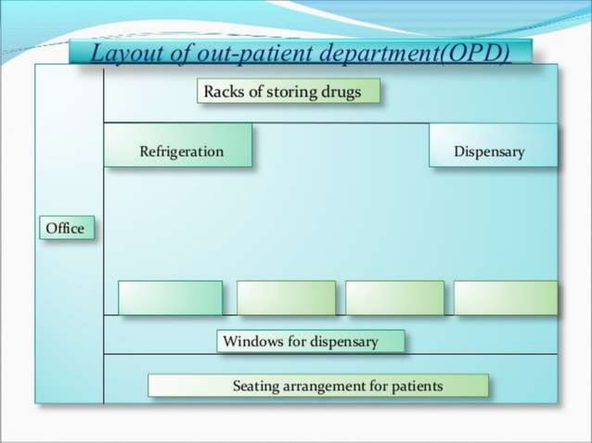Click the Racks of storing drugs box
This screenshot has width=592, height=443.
tap(289, 92)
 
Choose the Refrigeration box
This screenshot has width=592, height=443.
tap(178, 146)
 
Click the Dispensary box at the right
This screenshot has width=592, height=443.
tap(493, 146)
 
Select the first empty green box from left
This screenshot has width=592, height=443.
tap(170, 297)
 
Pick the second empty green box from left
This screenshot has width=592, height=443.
tap(286, 297)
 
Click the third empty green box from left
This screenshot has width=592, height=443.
tap(394, 297)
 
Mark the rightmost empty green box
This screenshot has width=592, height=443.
tap(506, 297)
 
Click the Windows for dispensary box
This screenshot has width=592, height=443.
tap(311, 341)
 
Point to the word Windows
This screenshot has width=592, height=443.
tap(252, 341)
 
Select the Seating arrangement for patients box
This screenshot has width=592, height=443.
tap(318, 386)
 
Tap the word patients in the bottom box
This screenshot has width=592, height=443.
tap(417, 386)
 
